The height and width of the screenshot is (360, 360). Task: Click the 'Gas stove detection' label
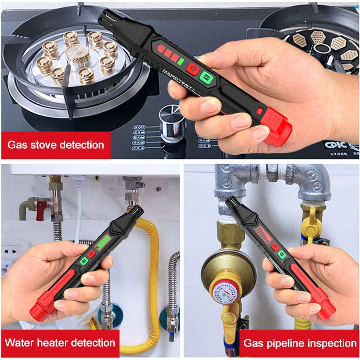click(56, 144)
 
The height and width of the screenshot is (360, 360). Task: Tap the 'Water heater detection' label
click(60, 343)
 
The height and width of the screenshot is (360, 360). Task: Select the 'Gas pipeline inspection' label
click(300, 343)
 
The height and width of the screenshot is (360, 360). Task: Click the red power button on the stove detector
click(193, 69)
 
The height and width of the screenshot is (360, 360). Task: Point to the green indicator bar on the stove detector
click(180, 61)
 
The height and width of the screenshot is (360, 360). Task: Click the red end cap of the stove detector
click(277, 126)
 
